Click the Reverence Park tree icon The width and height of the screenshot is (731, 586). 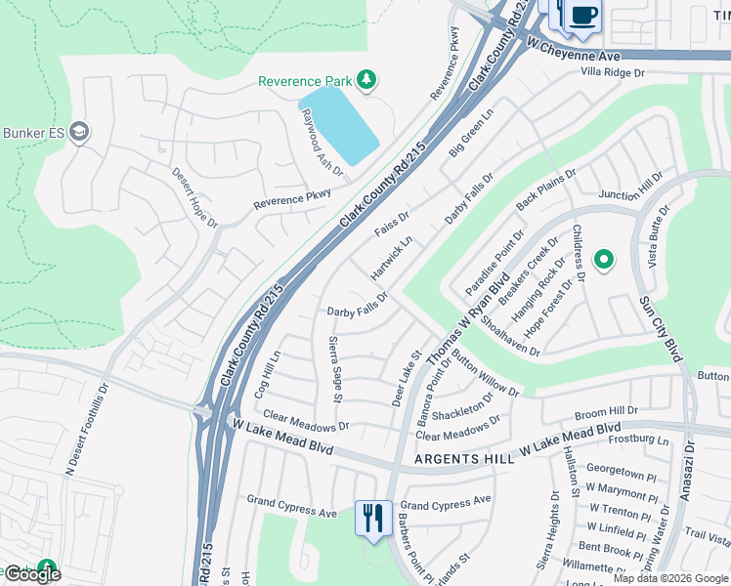pyautogui.click(x=366, y=79)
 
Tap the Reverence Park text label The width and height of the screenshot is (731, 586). pyautogui.click(x=304, y=81)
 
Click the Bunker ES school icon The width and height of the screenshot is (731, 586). pyautogui.click(x=79, y=133)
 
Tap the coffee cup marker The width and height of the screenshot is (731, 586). pyautogui.click(x=583, y=17)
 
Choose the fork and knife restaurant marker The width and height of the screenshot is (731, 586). pyautogui.click(x=372, y=518)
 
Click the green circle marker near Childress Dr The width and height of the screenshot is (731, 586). pyautogui.click(x=604, y=259)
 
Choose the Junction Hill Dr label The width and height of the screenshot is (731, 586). pyautogui.click(x=631, y=186)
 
